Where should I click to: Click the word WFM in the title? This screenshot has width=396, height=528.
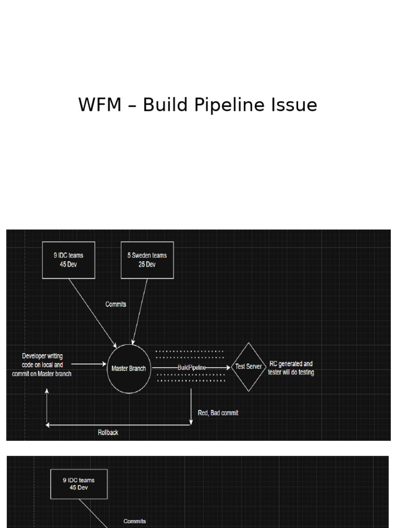tap(100, 105)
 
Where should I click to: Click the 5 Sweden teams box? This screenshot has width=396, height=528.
tap(147, 260)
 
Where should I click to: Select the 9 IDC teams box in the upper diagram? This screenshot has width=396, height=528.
tap(69, 260)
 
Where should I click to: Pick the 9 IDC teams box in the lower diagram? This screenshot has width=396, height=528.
tap(79, 484)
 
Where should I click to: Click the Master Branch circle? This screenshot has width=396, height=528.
tap(129, 368)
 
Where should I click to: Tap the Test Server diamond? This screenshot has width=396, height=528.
tap(249, 367)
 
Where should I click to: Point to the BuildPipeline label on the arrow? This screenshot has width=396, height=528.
tap(192, 367)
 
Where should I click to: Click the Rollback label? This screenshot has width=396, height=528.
tap(108, 433)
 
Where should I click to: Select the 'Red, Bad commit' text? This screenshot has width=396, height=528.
tap(218, 413)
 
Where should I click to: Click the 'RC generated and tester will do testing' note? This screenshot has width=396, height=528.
tap(291, 368)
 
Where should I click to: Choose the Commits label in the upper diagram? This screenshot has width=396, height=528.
tap(115, 304)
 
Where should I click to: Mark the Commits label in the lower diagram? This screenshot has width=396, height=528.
tap(135, 521)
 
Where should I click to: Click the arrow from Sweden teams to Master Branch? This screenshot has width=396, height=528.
tap(140, 312)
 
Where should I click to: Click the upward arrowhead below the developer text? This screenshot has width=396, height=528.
tap(47, 391)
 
